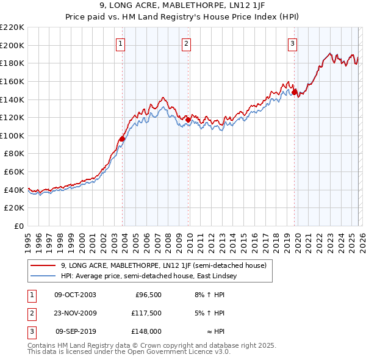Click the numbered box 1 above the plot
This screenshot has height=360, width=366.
(121, 43)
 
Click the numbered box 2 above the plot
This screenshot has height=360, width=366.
(186, 43)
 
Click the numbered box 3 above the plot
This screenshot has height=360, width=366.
(293, 43)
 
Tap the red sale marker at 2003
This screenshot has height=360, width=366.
(122, 139)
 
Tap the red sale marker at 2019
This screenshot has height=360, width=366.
(294, 92)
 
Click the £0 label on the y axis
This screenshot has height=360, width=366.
(19, 226)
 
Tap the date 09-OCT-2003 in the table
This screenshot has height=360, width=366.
(75, 295)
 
